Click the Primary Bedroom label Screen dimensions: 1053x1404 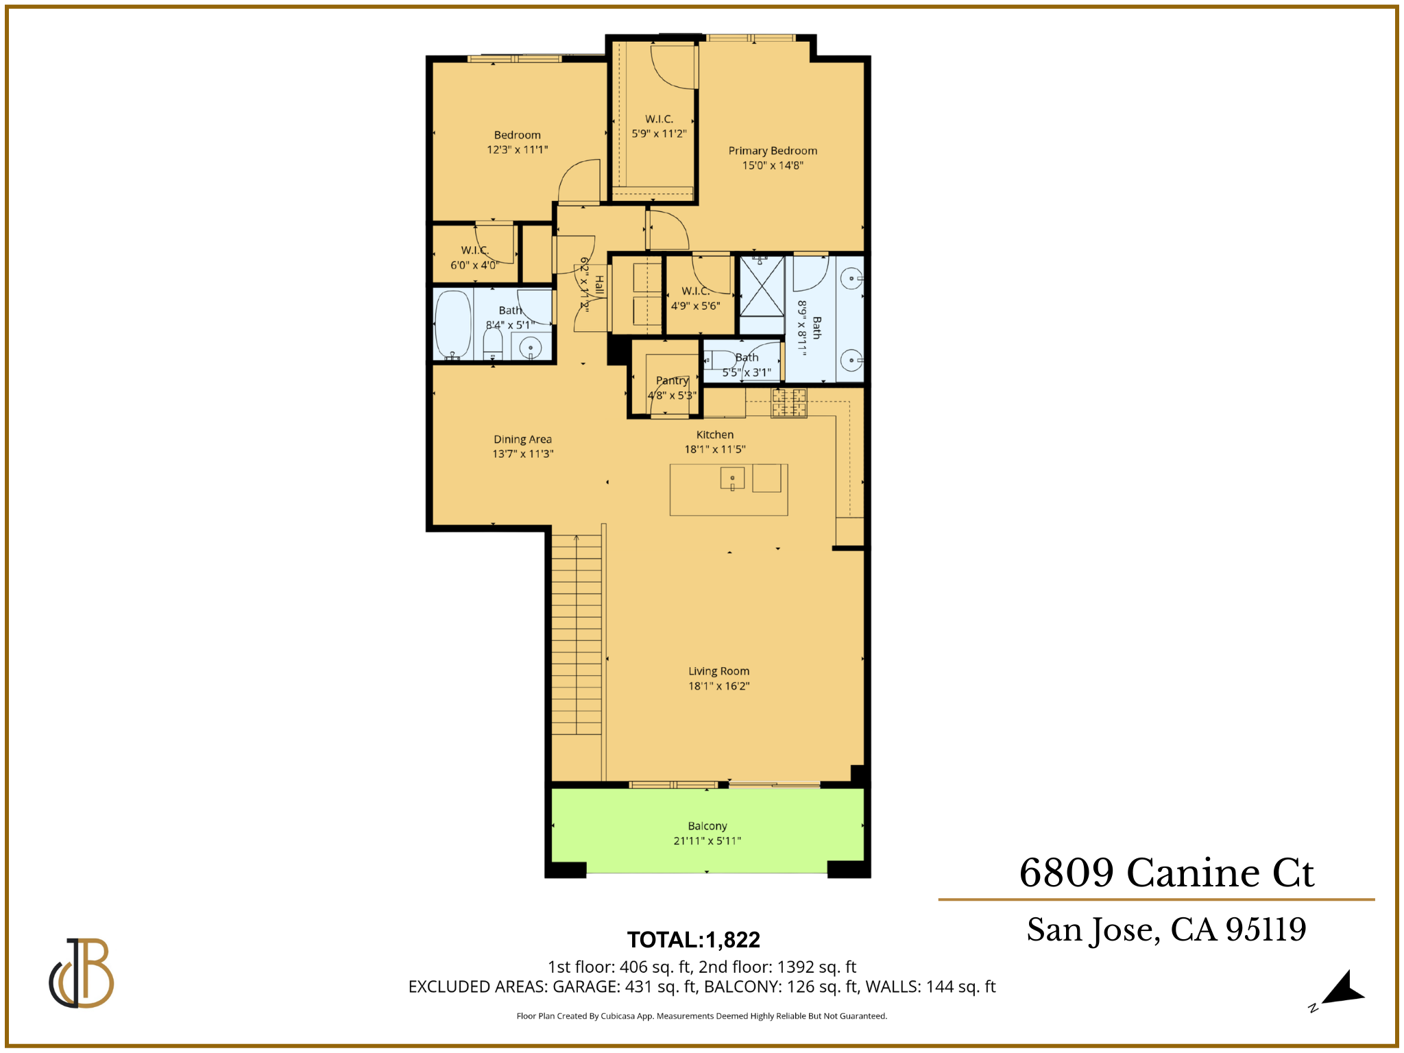(x=773, y=151)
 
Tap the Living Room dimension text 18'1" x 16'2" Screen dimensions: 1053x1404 (x=718, y=686)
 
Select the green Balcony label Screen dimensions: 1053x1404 (x=707, y=826)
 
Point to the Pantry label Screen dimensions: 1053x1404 (x=672, y=380)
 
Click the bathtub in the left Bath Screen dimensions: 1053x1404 (x=453, y=324)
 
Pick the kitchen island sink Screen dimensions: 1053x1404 (x=732, y=479)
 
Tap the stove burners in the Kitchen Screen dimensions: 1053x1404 (x=789, y=402)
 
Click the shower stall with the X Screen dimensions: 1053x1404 (x=762, y=285)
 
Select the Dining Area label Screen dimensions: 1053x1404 (x=522, y=439)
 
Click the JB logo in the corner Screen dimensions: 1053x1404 (x=82, y=973)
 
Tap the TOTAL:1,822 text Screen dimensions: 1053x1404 (x=694, y=939)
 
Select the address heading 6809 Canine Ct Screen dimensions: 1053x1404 (x=1166, y=873)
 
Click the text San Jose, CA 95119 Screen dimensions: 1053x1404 (x=1166, y=930)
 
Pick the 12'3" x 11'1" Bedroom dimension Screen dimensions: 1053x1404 (x=518, y=150)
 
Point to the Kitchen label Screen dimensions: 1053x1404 (x=715, y=435)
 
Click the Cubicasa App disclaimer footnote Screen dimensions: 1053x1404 (x=701, y=1016)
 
